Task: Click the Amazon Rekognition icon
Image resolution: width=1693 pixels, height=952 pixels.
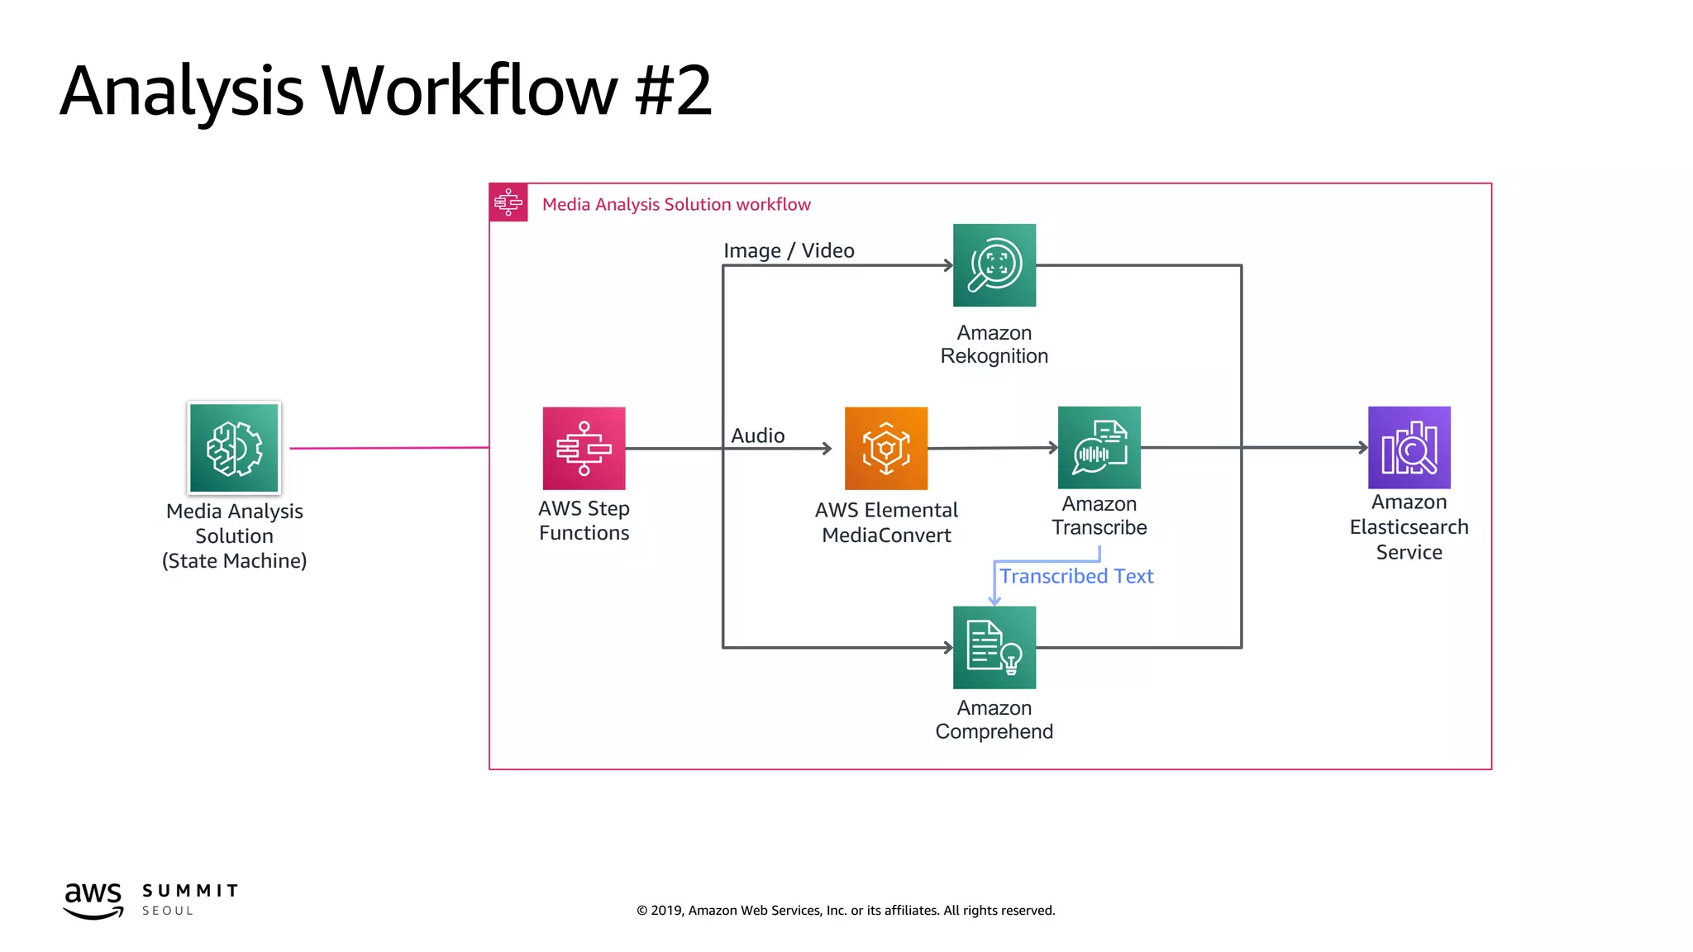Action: (x=994, y=265)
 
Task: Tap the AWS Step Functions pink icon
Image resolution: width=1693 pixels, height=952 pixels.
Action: (x=584, y=448)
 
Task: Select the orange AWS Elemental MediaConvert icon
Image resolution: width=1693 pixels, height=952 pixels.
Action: (x=886, y=448)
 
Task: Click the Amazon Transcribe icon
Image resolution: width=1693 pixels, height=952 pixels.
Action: (x=1099, y=447)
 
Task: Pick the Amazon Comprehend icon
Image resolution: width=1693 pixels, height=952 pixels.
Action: (x=994, y=647)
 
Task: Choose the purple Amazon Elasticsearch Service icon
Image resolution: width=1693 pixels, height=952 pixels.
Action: (x=1409, y=447)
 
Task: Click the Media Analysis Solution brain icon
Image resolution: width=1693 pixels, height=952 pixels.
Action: (x=234, y=448)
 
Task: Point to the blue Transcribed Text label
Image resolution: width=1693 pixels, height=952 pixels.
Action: (x=1075, y=576)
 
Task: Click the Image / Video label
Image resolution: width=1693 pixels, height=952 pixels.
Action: (x=789, y=250)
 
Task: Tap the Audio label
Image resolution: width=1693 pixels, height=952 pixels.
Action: (x=757, y=436)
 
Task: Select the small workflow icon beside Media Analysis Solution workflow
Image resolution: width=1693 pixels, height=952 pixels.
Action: (x=508, y=202)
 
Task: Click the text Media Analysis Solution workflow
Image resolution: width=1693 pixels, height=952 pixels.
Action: (x=676, y=204)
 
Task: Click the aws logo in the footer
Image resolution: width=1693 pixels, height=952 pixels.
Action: (x=93, y=899)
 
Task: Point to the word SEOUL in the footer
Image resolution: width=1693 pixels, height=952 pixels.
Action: (x=168, y=911)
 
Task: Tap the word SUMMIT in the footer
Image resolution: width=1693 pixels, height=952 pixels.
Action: (x=190, y=891)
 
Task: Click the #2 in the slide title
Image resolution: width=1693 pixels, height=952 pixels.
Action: (x=672, y=91)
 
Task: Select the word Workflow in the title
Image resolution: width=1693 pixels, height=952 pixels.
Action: (x=469, y=91)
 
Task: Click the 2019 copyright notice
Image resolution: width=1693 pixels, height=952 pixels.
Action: (x=846, y=910)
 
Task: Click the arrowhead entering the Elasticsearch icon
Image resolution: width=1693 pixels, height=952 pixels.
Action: (x=1363, y=447)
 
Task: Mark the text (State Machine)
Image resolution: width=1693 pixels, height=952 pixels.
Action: (x=234, y=561)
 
